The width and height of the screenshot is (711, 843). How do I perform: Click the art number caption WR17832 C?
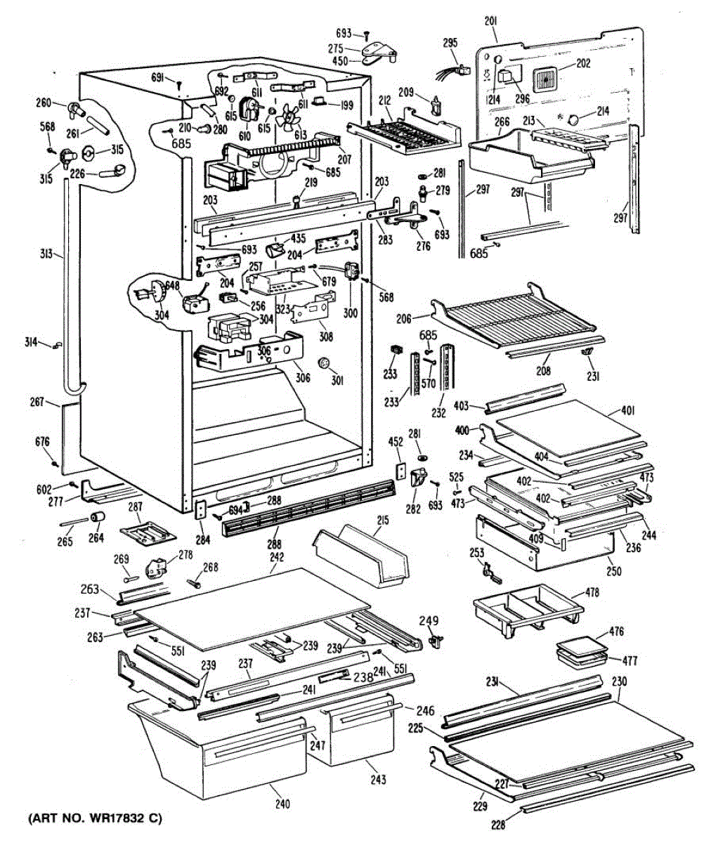tap(94, 819)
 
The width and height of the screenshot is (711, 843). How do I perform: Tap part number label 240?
tap(282, 804)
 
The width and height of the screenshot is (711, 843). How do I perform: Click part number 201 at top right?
tap(491, 21)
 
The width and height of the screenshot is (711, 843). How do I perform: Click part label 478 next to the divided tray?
tap(592, 592)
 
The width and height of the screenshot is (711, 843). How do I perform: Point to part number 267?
tap(37, 402)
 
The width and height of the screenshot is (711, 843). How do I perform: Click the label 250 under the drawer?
tap(614, 571)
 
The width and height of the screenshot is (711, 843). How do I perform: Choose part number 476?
tap(616, 632)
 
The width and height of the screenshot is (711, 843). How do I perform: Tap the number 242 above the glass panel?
tap(276, 557)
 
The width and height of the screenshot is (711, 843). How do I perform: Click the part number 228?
tap(497, 825)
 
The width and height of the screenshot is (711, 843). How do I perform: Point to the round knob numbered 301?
tap(325, 363)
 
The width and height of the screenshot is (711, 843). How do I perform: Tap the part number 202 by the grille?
tap(583, 63)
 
